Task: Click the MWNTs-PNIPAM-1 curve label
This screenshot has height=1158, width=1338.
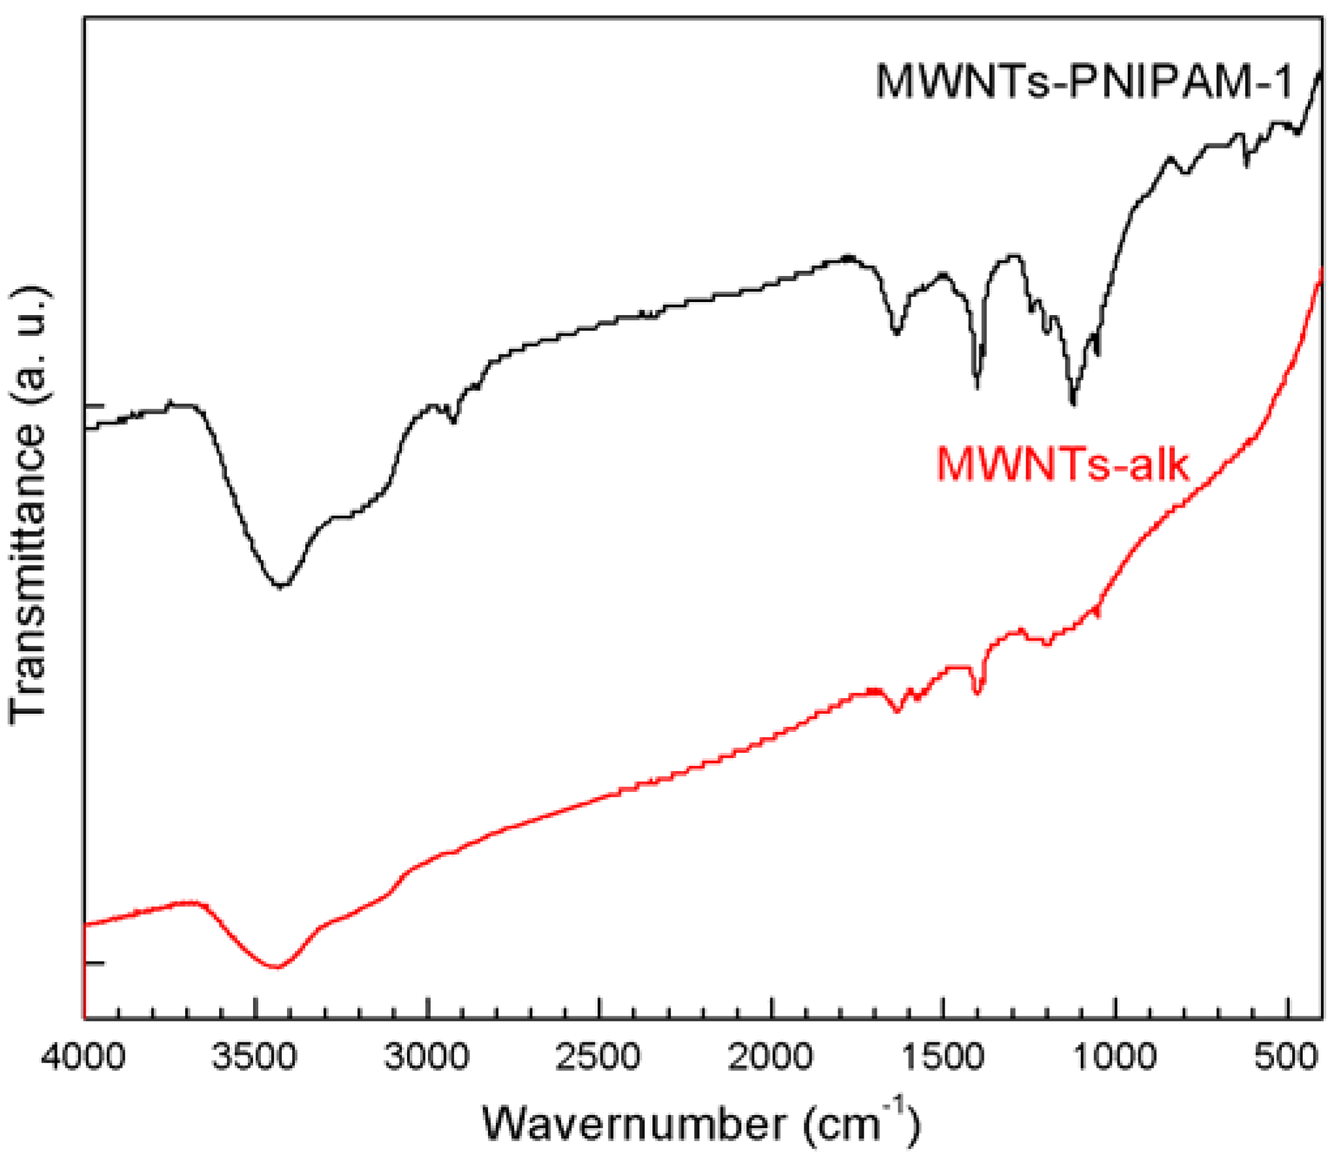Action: tap(1083, 82)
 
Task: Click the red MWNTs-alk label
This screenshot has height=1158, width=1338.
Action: tap(1062, 465)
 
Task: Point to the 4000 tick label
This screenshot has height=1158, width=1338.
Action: tap(83, 1056)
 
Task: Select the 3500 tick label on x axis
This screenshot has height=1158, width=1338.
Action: tap(254, 1056)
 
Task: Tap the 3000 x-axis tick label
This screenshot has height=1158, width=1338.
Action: tap(427, 1056)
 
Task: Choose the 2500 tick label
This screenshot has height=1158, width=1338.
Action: tap(598, 1056)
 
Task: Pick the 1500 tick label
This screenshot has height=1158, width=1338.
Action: tap(943, 1056)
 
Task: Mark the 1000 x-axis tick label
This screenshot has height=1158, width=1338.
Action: tap(1115, 1056)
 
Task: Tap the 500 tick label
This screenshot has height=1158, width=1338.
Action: tap(1286, 1056)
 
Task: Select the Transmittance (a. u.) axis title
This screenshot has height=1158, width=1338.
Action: tap(29, 506)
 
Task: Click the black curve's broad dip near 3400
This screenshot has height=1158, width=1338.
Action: tap(281, 585)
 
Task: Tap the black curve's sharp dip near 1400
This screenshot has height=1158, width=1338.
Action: tap(977, 386)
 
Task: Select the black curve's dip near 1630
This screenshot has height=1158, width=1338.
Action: tap(896, 333)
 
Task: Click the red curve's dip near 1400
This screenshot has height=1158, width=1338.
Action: tap(977, 693)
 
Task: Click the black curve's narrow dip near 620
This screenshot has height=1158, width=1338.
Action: tap(1247, 163)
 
